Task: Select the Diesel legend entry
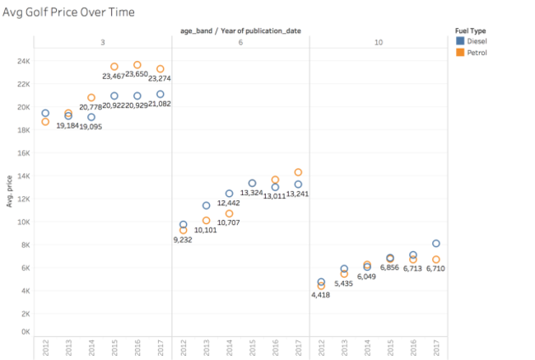pos(476,40)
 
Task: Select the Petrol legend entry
pos(476,52)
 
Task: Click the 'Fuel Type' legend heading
pos(471,30)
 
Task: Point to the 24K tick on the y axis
pos(25,61)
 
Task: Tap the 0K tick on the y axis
pos(26,332)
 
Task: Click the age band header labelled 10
pos(377,41)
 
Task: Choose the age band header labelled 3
pos(102,41)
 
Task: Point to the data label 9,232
pos(182,240)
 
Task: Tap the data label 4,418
pos(321,294)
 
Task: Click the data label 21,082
pos(160,104)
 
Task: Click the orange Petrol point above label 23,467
pos(114,67)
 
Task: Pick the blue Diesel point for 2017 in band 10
pos(436,244)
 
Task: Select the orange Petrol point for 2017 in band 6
pos(298,172)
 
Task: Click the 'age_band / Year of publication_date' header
pos(241,30)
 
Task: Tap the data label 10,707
pos(229,223)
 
